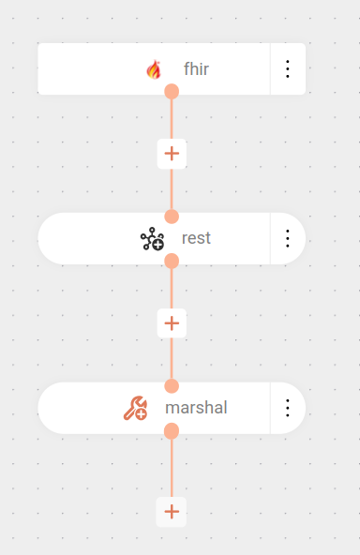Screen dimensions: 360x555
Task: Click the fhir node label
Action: click(x=196, y=68)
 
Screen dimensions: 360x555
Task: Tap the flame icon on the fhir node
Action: click(x=154, y=68)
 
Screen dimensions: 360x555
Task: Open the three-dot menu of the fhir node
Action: click(x=288, y=68)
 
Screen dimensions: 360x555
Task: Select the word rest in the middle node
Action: click(x=196, y=238)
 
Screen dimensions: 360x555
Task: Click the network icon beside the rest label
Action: click(x=152, y=239)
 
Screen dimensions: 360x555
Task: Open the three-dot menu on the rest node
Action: click(x=288, y=238)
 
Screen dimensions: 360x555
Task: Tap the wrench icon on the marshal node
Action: click(x=135, y=408)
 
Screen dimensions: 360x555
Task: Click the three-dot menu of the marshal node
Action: click(x=288, y=408)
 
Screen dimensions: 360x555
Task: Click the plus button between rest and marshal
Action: click(x=172, y=323)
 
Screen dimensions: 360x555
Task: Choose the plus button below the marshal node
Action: click(x=172, y=511)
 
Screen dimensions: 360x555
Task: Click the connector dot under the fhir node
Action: click(x=172, y=91)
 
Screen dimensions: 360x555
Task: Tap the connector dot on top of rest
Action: click(x=172, y=217)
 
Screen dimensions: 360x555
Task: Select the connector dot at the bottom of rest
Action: click(x=172, y=261)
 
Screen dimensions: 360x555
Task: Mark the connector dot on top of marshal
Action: click(x=172, y=386)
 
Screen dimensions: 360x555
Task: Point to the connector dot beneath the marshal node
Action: click(x=172, y=430)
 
